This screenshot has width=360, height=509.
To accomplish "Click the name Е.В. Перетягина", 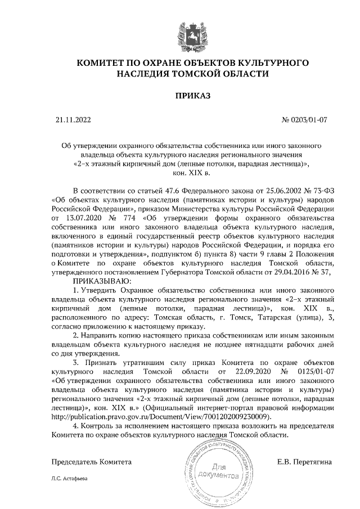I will pos(304,462).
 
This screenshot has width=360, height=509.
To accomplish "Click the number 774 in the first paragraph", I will pos(137,218).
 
